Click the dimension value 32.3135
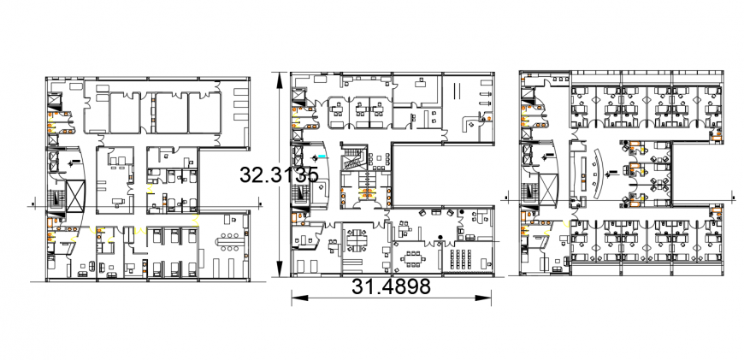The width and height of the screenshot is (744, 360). click(x=279, y=174)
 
